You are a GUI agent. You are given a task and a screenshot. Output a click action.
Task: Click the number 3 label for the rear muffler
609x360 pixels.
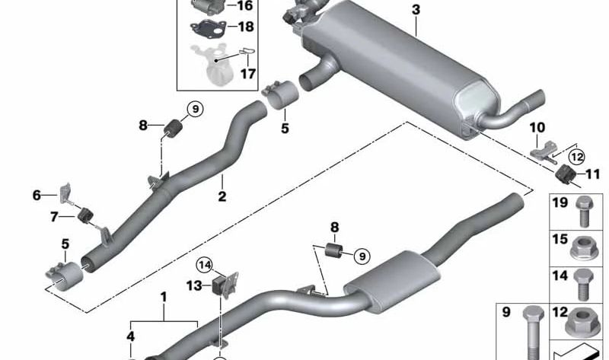tap(416, 10)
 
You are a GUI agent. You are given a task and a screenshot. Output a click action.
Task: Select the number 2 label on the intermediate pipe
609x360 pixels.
tap(222, 196)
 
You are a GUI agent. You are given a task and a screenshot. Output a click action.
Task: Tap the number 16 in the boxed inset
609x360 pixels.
tap(244, 5)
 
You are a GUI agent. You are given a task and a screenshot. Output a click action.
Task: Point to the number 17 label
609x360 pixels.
tap(248, 74)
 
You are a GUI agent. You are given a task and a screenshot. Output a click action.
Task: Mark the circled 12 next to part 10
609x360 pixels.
tap(576, 157)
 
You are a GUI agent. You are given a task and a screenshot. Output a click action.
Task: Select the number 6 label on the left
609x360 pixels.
tap(36, 196)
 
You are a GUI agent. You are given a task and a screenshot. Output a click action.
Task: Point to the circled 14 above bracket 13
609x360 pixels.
tap(204, 266)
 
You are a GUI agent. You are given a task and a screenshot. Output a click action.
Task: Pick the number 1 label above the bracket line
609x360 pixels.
tap(162, 295)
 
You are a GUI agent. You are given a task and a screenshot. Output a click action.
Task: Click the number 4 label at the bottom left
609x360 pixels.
tap(131, 336)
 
